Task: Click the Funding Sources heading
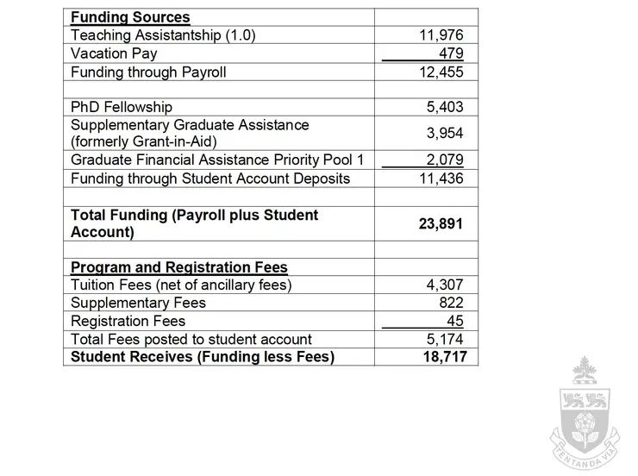(130, 17)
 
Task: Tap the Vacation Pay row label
(114, 53)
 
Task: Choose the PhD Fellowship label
(122, 108)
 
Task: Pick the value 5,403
(444, 108)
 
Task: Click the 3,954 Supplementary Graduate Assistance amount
(444, 134)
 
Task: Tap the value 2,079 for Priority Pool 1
(444, 160)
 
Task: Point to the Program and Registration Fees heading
(179, 267)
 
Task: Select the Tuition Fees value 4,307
(444, 285)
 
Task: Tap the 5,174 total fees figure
(444, 339)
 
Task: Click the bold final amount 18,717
(444, 356)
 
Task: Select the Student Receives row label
(202, 356)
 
